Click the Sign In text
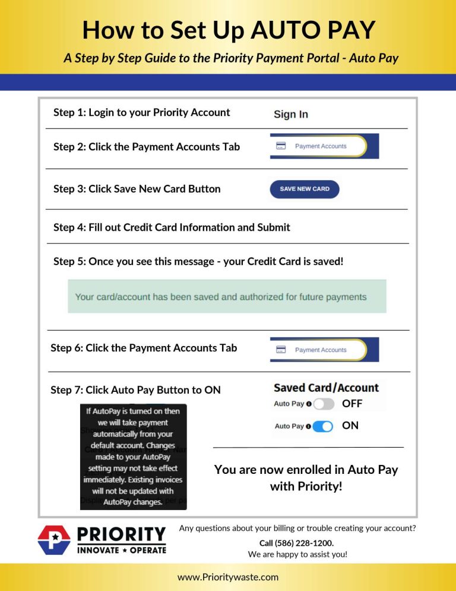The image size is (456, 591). tap(290, 115)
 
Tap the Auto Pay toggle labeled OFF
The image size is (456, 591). tap(324, 404)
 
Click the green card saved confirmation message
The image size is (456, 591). tap(226, 297)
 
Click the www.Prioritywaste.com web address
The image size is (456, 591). tap(228, 577)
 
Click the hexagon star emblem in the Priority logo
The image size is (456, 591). tap(54, 540)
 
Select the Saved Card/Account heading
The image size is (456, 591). tap(326, 388)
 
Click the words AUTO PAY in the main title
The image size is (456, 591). tap(316, 30)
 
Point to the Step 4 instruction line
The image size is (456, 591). tap(172, 227)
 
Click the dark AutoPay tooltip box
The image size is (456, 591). tap(134, 457)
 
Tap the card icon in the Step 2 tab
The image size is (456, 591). tap(281, 146)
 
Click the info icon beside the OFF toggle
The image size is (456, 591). tap(309, 404)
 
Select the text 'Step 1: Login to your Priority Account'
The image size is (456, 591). tap(141, 112)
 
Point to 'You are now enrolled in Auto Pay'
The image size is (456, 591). tap(306, 470)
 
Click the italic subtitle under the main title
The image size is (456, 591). tap(230, 58)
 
